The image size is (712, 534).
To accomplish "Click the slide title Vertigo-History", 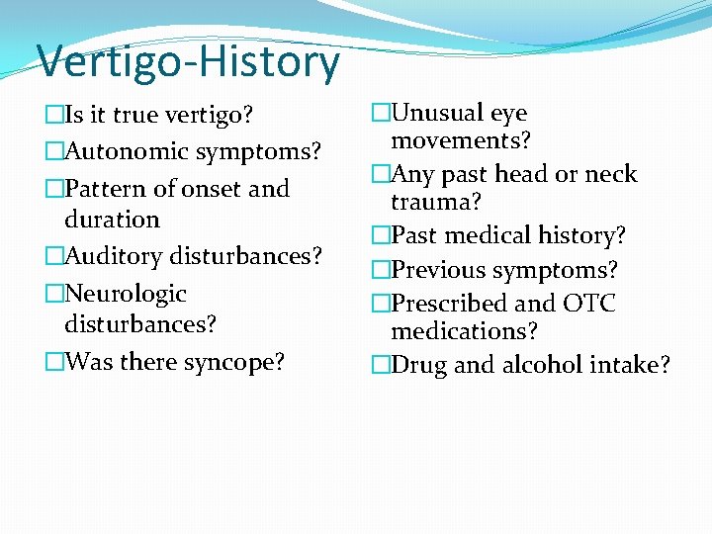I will tap(188, 62).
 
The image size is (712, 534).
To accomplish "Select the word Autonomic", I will tap(127, 151).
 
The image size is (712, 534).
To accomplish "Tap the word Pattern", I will tap(105, 188).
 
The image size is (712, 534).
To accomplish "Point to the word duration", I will tap(111, 219).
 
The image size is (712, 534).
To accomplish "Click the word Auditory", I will tap(113, 256).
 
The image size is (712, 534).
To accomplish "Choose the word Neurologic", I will tap(125, 294).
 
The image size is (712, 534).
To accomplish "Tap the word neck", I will tap(611, 174).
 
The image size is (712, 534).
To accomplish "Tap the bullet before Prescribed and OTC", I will tap(381, 303).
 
